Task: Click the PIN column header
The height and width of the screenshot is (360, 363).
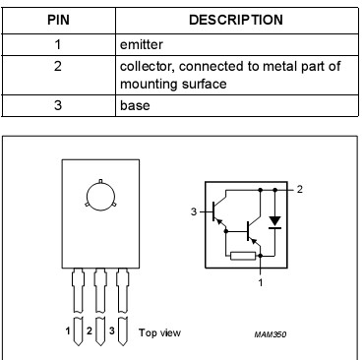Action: point(57,19)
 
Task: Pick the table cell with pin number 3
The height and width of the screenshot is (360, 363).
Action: point(57,104)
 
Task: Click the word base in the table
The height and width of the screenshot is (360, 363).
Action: point(135,104)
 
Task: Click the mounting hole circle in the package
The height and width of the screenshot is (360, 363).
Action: point(97,193)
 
